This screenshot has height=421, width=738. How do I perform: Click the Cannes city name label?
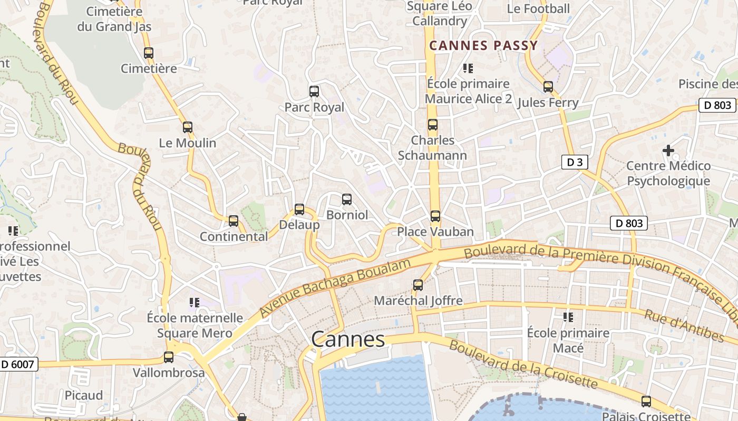(x=348, y=339)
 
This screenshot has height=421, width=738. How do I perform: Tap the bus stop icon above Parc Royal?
(x=314, y=92)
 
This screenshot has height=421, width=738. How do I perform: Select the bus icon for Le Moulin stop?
(x=187, y=127)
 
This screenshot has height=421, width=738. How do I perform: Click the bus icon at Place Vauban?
(x=435, y=216)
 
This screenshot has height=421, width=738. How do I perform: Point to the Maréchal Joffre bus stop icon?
(x=418, y=285)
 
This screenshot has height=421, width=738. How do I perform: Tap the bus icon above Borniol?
(x=347, y=199)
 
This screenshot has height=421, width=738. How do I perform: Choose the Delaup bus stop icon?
(x=299, y=209)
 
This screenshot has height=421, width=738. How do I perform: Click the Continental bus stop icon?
(x=234, y=221)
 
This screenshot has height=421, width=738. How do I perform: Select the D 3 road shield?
(x=574, y=162)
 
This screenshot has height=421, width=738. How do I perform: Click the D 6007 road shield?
(x=18, y=364)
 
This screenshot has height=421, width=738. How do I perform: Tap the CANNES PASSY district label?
(x=483, y=45)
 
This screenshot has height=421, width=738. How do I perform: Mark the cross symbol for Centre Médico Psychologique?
(x=668, y=151)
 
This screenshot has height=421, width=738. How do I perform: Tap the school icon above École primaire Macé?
(x=568, y=317)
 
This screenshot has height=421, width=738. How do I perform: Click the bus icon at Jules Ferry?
(x=548, y=87)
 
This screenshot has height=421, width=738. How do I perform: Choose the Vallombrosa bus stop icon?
(x=169, y=357)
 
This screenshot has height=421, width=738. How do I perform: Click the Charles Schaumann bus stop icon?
(x=433, y=125)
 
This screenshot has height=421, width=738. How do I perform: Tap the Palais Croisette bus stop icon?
(x=646, y=402)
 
